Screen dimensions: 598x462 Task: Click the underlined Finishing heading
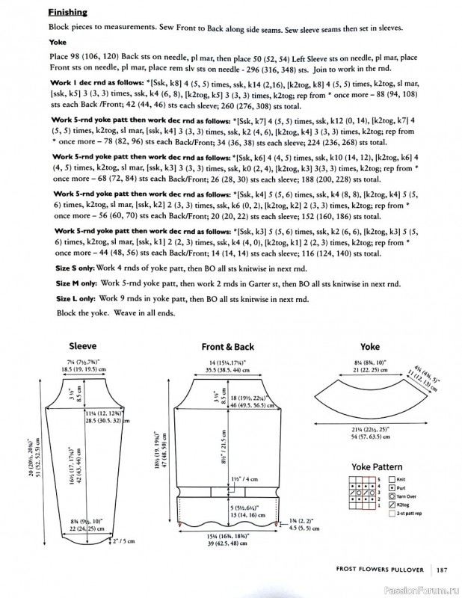pos(67,13)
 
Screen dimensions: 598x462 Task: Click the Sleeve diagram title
pos(82,346)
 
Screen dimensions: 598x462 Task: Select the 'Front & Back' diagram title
pos(228,346)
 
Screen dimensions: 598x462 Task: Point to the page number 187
pos(443,572)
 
